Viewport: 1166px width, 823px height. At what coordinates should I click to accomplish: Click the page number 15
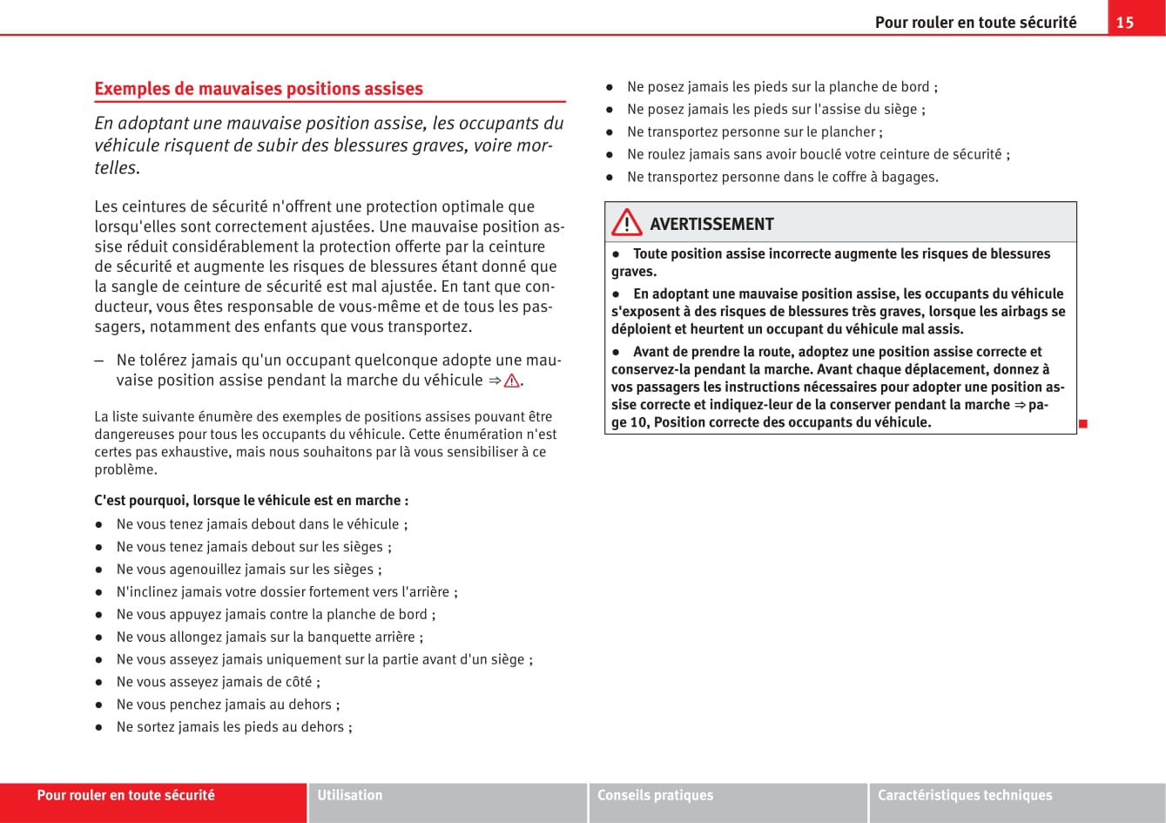tap(1124, 23)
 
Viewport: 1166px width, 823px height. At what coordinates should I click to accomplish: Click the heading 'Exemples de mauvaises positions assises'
tap(259, 89)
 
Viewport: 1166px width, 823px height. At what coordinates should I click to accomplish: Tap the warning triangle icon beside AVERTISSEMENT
tap(627, 224)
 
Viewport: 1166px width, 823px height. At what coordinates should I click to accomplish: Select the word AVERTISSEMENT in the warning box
tap(711, 224)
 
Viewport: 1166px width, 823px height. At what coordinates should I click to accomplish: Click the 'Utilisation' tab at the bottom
tap(350, 795)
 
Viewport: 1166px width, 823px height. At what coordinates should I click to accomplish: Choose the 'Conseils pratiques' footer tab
tap(655, 795)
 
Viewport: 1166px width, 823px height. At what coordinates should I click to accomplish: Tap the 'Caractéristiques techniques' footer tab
tap(965, 795)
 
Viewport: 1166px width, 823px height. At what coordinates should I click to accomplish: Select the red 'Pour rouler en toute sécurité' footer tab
tap(126, 795)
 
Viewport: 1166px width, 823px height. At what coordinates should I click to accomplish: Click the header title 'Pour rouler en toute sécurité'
tap(975, 23)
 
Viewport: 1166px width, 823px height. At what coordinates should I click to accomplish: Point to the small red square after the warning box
tap(1083, 423)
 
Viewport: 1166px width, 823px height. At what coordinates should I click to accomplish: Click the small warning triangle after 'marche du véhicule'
tap(511, 381)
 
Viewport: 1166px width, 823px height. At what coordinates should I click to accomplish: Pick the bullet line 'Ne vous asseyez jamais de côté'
tap(218, 682)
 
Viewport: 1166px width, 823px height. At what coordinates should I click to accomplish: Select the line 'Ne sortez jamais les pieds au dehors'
tap(233, 727)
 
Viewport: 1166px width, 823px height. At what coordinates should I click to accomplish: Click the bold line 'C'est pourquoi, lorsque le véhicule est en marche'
tap(252, 501)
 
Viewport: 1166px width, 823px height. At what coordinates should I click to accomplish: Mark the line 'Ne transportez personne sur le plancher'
tap(754, 132)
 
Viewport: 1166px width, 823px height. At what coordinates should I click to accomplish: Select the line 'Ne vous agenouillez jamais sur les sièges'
tap(248, 570)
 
